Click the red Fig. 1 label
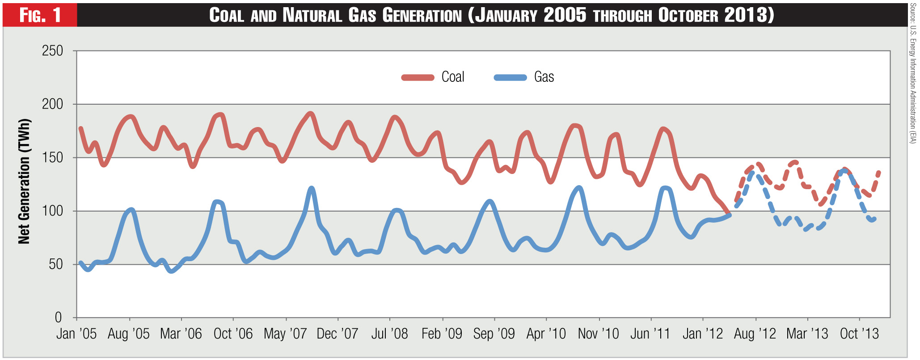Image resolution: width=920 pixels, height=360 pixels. point(40,15)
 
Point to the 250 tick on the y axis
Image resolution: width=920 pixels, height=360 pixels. point(53,51)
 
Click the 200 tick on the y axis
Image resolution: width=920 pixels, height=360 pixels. point(53,104)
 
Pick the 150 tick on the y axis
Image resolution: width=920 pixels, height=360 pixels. point(53,157)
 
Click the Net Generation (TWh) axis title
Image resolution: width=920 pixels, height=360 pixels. point(24,182)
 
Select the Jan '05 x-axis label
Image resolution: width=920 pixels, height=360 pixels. point(76,334)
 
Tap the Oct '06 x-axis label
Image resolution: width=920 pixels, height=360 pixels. point(233,334)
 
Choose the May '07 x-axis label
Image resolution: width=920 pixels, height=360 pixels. point(285,334)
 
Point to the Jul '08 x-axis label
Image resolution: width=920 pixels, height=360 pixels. point(389,334)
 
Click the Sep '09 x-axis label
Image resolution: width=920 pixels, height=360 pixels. point(494,334)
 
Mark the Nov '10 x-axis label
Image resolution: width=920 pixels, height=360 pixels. point(598,334)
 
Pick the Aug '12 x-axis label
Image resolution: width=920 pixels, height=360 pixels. point(755,334)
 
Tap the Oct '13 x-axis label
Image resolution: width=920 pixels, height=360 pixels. point(859,334)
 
